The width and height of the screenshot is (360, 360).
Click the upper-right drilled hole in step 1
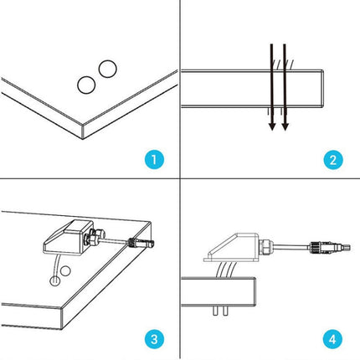click(x=105, y=69)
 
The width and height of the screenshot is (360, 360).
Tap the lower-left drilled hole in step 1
click(x=85, y=84)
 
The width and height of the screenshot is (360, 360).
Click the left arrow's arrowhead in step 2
click(x=270, y=126)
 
